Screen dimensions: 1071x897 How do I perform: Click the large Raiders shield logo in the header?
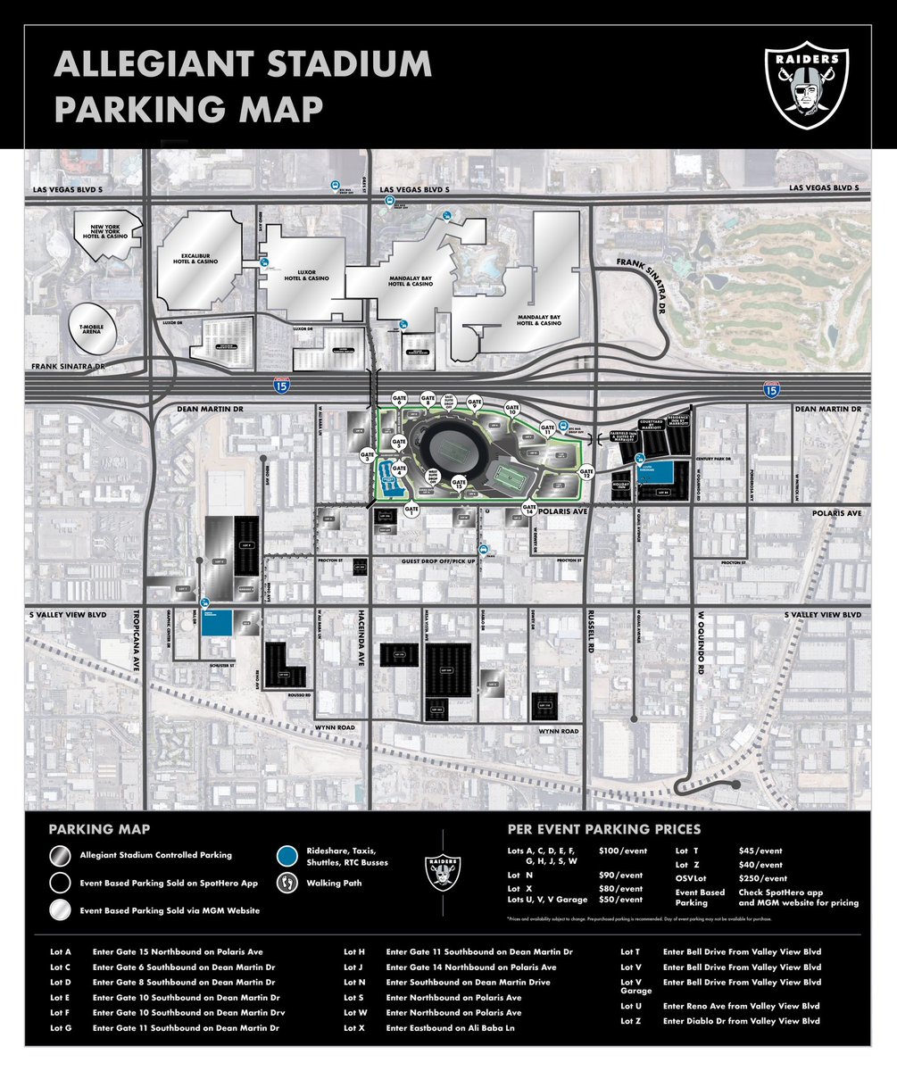pos(806,87)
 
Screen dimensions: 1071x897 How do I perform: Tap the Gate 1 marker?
pos(411,511)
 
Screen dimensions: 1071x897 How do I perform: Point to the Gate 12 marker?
pos(586,474)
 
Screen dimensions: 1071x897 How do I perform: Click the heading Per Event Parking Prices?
pos(603,830)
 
